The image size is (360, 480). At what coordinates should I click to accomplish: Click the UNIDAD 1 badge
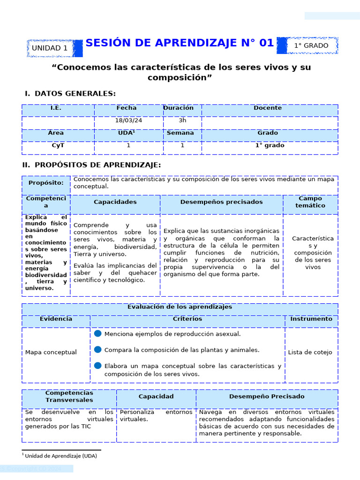[x=50, y=48]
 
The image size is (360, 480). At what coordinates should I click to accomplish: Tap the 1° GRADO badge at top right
[x=311, y=45]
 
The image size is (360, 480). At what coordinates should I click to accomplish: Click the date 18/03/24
[x=128, y=120]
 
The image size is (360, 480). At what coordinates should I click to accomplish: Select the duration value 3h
[x=182, y=120]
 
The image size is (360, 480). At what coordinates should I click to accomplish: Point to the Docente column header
[x=268, y=108]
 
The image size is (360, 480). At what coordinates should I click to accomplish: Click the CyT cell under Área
[x=58, y=145]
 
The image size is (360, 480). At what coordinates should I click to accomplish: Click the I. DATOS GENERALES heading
[x=70, y=94]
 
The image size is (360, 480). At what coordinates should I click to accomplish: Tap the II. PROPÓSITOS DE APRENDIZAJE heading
[x=92, y=165]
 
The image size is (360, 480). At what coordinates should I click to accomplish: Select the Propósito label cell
[x=46, y=183]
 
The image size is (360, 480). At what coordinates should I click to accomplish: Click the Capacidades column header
[x=115, y=202]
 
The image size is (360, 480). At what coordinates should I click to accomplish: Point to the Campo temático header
[x=310, y=202]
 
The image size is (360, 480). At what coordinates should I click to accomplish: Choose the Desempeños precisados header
[x=221, y=202]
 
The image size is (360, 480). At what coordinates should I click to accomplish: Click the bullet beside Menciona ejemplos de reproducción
[x=98, y=333]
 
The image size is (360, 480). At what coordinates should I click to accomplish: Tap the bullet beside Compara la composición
[x=98, y=349]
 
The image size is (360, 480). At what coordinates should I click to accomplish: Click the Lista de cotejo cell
[x=310, y=352]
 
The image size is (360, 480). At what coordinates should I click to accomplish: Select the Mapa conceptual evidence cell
[x=51, y=352]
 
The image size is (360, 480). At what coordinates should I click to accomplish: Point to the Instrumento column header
[x=311, y=319]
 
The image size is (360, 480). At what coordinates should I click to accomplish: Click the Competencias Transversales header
[x=69, y=397]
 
